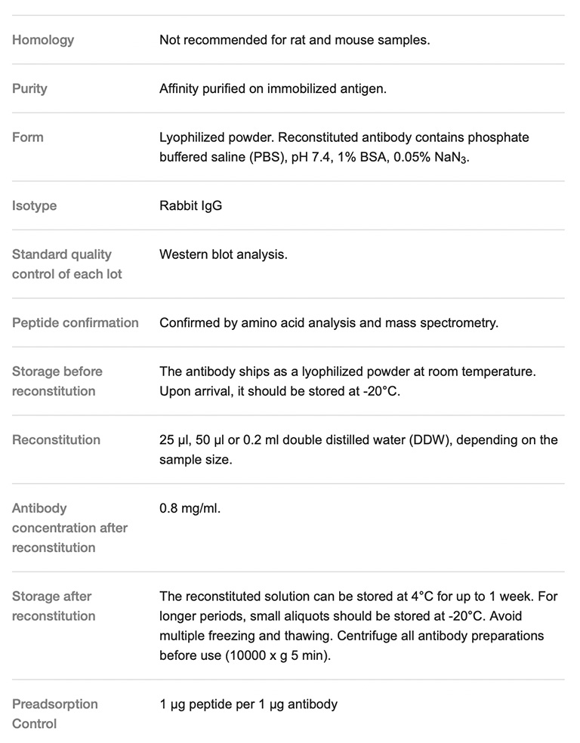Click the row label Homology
tap(43, 40)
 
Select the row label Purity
tap(29, 88)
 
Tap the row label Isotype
tap(34, 205)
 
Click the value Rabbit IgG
tap(190, 205)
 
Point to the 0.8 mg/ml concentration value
tap(190, 508)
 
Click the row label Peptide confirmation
tap(75, 322)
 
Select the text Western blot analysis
tap(223, 254)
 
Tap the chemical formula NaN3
tap(449, 158)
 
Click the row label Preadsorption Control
tap(54, 714)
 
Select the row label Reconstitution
tap(55, 439)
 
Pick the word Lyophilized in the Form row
tap(191, 137)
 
